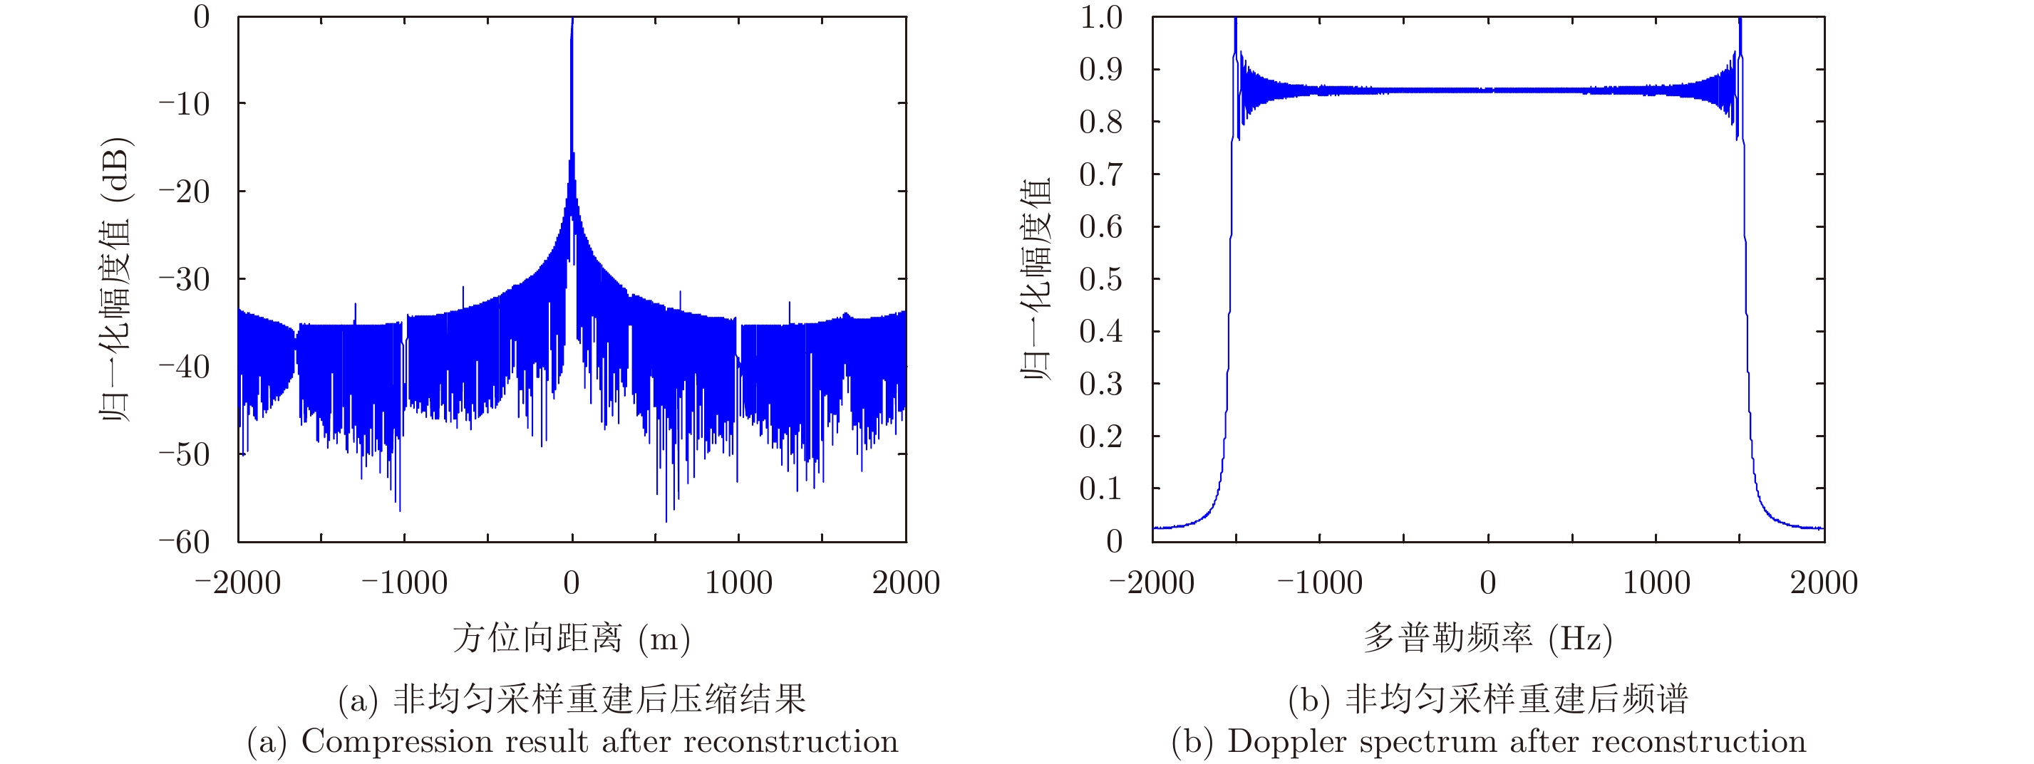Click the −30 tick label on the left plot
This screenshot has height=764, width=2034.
coord(184,279)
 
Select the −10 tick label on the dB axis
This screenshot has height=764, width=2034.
coord(184,103)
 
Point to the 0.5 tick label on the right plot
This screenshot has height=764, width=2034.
coord(1100,279)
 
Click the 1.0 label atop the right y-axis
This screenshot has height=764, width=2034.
coord(1100,17)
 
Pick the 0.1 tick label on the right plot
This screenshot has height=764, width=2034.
coord(1100,489)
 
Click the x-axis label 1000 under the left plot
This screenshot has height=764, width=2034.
coord(738,583)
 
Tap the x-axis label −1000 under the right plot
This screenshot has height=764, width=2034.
coord(1319,583)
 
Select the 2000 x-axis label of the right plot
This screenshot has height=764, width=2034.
coord(1823,583)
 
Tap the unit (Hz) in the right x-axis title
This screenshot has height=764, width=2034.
coord(1580,638)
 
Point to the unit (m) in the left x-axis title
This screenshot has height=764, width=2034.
coord(664,638)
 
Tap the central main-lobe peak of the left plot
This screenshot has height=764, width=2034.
coord(572,23)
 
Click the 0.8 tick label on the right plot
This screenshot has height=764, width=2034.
coord(1100,122)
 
